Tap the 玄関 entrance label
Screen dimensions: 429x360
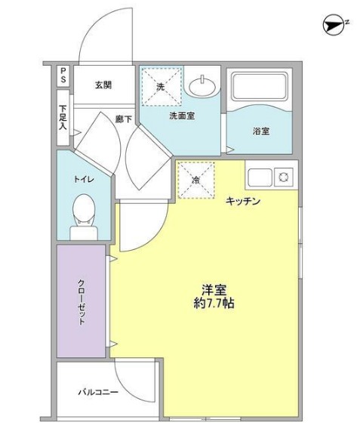103,85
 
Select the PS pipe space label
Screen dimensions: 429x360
63,76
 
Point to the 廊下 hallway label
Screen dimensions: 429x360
123,119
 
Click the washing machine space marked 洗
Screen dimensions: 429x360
161,86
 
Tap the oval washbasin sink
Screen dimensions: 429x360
203,86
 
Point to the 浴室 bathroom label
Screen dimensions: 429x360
261,131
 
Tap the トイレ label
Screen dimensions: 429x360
83,181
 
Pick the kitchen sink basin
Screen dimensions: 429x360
258,177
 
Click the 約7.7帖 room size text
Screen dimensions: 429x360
213,304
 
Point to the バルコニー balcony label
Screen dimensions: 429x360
98,392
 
